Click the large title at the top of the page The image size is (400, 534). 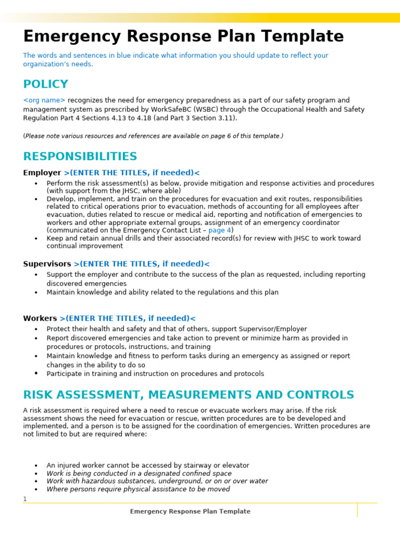(183, 37)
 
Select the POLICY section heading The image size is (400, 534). (45, 84)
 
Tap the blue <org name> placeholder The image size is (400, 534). (44, 100)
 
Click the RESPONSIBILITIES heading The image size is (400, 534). (80, 157)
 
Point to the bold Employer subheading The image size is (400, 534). (42, 173)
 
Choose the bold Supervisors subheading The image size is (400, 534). (47, 264)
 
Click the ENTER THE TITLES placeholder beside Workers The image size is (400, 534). (128, 319)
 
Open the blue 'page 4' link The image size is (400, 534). (220, 230)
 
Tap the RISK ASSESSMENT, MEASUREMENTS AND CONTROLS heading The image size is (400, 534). (189, 395)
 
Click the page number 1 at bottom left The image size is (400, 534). (24, 500)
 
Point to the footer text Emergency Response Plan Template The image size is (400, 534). (190, 512)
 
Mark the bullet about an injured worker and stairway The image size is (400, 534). (148, 466)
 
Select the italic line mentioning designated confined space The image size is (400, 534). (139, 474)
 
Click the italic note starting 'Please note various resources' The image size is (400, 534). (153, 136)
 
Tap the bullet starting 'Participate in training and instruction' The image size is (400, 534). (155, 374)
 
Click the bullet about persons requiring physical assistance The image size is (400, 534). (138, 489)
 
